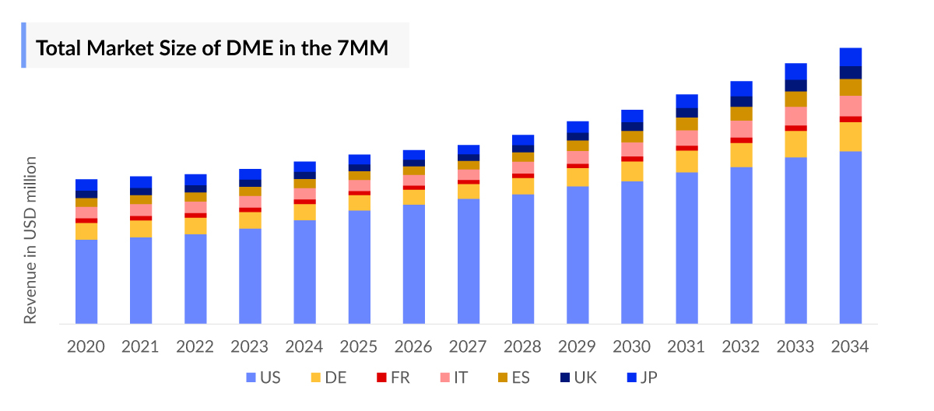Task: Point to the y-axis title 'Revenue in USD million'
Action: [x=30, y=240]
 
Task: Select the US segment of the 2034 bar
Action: [x=850, y=237]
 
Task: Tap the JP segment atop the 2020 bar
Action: [x=86, y=184]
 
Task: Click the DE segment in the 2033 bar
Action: [x=795, y=144]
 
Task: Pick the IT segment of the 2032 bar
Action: [x=741, y=128]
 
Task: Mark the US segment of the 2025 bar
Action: [x=359, y=266]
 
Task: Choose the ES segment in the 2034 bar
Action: [x=850, y=87]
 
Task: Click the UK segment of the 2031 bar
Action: [x=686, y=113]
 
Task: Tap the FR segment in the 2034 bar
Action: [x=850, y=119]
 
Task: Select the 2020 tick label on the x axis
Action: [x=86, y=346]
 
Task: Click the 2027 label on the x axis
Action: [x=469, y=346]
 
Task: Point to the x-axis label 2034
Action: [x=850, y=346]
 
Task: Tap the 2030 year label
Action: [x=632, y=346]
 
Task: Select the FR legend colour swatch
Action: [x=381, y=378]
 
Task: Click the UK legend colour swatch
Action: [x=565, y=378]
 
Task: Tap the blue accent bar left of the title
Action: [x=23, y=45]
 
